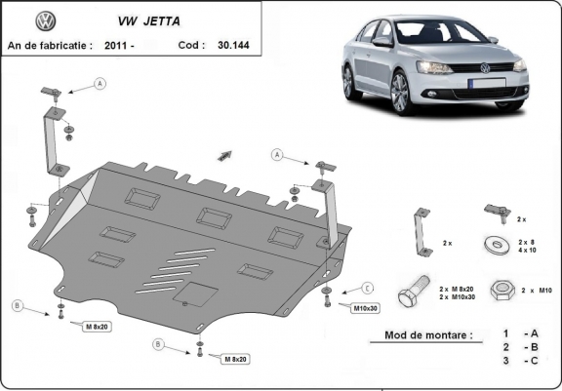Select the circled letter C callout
coord(368,288)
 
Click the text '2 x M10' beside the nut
coord(536,291)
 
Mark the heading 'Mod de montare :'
coord(421,335)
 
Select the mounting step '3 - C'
coord(517,362)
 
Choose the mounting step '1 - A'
coord(517,334)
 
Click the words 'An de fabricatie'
coord(49,45)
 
